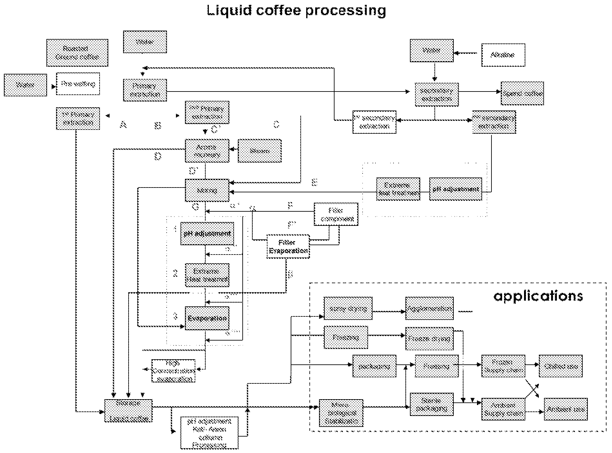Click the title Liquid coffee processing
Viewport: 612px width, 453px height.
[x=296, y=10]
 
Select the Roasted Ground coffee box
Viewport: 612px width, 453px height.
[x=77, y=53]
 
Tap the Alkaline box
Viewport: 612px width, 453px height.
[x=503, y=55]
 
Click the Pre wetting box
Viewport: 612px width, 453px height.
[x=78, y=84]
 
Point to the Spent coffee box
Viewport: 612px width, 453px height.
[x=522, y=93]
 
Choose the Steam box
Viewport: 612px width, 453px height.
[x=259, y=151]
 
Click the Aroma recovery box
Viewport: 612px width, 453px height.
[x=207, y=151]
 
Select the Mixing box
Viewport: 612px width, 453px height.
[x=207, y=190]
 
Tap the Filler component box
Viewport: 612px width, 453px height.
[x=336, y=214]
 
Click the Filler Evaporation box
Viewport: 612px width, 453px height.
[x=288, y=246]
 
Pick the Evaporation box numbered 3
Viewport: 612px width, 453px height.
[x=207, y=318]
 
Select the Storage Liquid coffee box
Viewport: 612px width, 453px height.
[x=128, y=411]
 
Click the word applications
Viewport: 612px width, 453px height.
[x=538, y=296]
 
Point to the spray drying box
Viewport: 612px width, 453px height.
[x=348, y=308]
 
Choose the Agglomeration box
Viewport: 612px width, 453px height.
[x=429, y=308]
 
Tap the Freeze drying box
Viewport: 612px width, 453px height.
[x=429, y=339]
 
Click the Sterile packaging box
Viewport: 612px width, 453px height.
[x=432, y=405]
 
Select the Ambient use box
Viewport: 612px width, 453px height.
[x=566, y=409]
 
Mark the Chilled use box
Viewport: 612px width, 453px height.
[x=560, y=366]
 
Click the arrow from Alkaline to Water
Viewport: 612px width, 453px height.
[x=466, y=52]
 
